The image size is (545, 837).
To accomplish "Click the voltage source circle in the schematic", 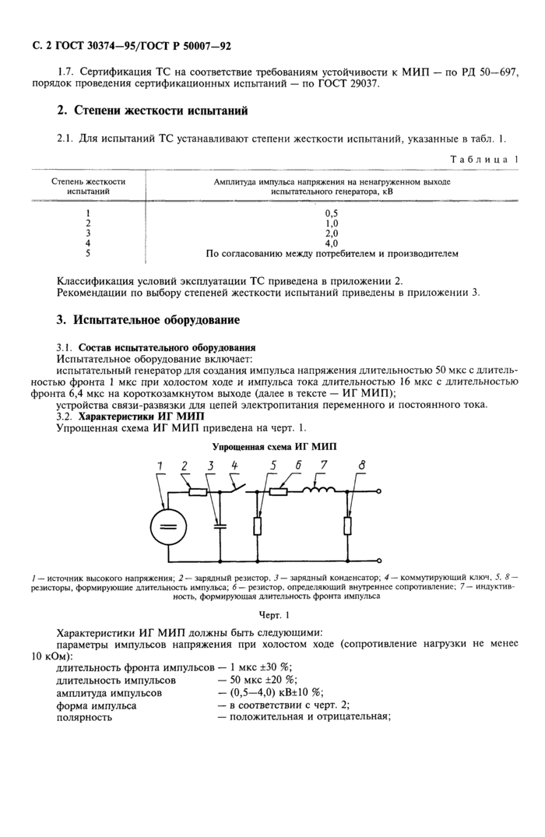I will click(x=165, y=528).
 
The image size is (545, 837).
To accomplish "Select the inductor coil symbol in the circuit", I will click(x=322, y=491).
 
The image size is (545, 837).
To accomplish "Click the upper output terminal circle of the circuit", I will click(x=379, y=491).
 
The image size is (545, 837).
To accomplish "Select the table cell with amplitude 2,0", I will click(x=332, y=233).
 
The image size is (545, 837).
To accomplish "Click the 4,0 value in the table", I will click(x=332, y=243).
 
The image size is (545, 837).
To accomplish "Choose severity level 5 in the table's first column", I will click(x=88, y=253).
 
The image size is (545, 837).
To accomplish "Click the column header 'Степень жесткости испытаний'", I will click(x=88, y=185).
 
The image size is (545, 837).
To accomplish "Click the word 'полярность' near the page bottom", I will click(x=84, y=717).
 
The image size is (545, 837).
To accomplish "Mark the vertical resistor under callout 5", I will click(x=258, y=526).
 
